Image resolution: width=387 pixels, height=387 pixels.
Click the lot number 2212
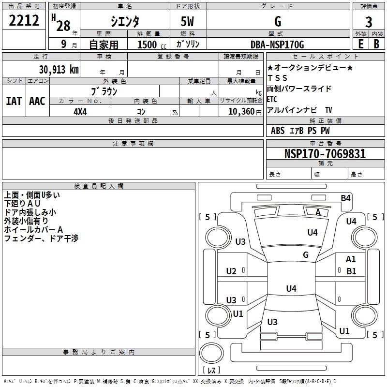[x=24, y=20]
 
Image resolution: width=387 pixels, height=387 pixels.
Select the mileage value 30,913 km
[x=59, y=70]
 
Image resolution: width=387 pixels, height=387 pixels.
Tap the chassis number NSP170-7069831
[x=325, y=154]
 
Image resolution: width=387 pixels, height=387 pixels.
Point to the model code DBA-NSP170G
[x=277, y=45]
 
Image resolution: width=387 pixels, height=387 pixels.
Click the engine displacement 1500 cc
[x=152, y=45]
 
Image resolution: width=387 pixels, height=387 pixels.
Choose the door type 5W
[x=187, y=21]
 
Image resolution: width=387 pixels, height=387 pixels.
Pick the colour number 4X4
[x=80, y=112]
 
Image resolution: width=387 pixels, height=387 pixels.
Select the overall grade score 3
[x=369, y=22]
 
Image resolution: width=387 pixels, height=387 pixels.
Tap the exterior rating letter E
[x=361, y=44]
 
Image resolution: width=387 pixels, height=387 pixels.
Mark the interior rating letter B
[x=377, y=44]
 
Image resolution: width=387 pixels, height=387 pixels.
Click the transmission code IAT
[x=14, y=101]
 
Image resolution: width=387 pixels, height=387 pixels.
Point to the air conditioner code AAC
[x=37, y=101]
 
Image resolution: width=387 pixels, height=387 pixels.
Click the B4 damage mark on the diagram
[x=345, y=198]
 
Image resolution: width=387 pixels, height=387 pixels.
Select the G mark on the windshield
[x=306, y=254]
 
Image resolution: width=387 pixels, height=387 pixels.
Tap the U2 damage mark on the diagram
[x=231, y=271]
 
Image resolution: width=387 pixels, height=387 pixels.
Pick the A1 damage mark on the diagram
[x=351, y=259]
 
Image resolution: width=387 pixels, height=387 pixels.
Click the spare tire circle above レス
[x=211, y=353]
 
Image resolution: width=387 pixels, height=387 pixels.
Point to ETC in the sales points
[x=272, y=99]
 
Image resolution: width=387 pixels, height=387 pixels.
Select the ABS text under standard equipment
[x=278, y=131]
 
